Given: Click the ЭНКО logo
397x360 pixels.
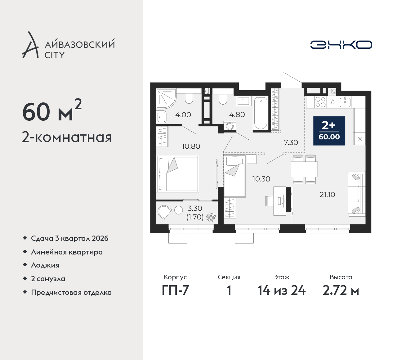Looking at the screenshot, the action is pos(341,45).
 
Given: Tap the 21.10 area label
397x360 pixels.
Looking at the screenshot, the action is pos(327,195).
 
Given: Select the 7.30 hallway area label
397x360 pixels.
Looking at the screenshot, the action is pos(291,142).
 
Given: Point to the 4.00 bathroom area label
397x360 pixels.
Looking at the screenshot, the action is pos(183,115).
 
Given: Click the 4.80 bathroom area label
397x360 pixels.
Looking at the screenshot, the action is pos(237,115).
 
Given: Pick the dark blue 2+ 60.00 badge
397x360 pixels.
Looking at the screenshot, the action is pos(329,131).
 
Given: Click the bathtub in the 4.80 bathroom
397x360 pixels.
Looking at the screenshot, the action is pos(261,113).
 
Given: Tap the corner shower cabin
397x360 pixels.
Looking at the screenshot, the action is pos(166,99).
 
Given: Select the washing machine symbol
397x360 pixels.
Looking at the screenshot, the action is pos(230,126).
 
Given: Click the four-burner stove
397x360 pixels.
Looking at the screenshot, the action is pos(320,102).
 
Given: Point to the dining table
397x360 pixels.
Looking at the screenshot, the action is pos(304,169).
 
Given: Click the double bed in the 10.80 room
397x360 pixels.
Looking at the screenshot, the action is pos(177,174).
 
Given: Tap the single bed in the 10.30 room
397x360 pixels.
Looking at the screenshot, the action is pos(235,176).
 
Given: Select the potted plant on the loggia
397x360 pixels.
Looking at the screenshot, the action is pos(211,217).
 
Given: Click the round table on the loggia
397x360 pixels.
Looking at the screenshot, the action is pos(179,210).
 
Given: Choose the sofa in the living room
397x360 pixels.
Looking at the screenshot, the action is pos(357,194).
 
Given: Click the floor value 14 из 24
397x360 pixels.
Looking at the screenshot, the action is pos(281,290).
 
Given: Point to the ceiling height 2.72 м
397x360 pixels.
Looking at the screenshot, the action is pos(341,290).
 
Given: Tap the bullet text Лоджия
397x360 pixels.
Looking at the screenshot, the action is pos(45,265).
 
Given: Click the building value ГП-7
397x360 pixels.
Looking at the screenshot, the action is pos(175,290).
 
